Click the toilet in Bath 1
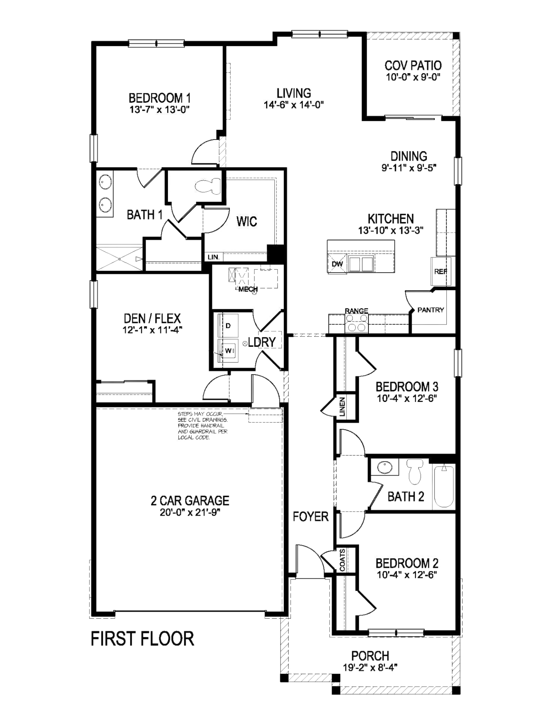coord(208,186)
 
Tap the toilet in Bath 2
coord(414,471)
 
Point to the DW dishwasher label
coord(337,264)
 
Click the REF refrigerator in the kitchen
coord(441,271)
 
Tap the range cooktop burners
coord(357,323)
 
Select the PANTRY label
coord(430,310)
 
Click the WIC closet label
coord(247,221)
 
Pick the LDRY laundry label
coord(262,342)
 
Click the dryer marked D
coord(228,326)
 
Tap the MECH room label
coord(248,289)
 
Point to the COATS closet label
coord(342,560)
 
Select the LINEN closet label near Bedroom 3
coord(342,407)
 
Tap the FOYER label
coord(311,517)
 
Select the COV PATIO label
coord(413,66)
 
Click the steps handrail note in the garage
coord(203,426)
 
